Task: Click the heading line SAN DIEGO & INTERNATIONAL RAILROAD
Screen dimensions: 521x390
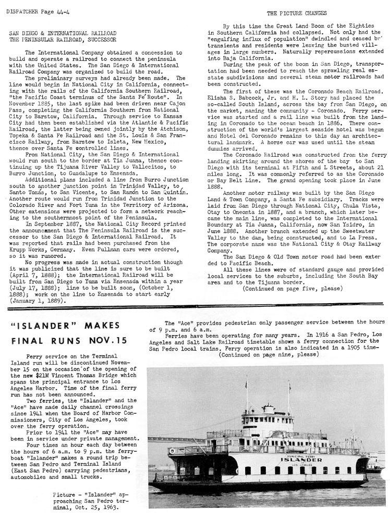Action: (63, 32)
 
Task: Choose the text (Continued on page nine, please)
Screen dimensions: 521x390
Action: (269, 354)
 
